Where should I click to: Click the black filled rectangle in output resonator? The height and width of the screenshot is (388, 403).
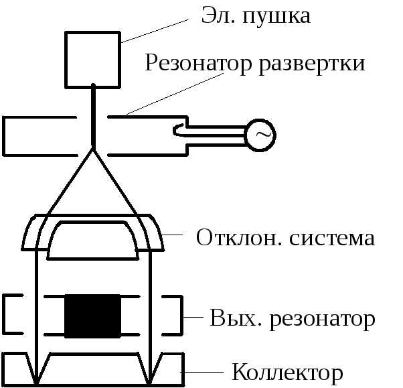[x=92, y=316]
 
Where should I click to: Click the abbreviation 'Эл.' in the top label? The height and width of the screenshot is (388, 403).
[x=218, y=15]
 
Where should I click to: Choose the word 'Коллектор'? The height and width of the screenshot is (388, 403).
[x=287, y=372]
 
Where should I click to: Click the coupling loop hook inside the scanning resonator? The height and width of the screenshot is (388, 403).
[x=179, y=131]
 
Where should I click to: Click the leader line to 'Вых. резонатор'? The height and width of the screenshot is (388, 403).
[x=194, y=316]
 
